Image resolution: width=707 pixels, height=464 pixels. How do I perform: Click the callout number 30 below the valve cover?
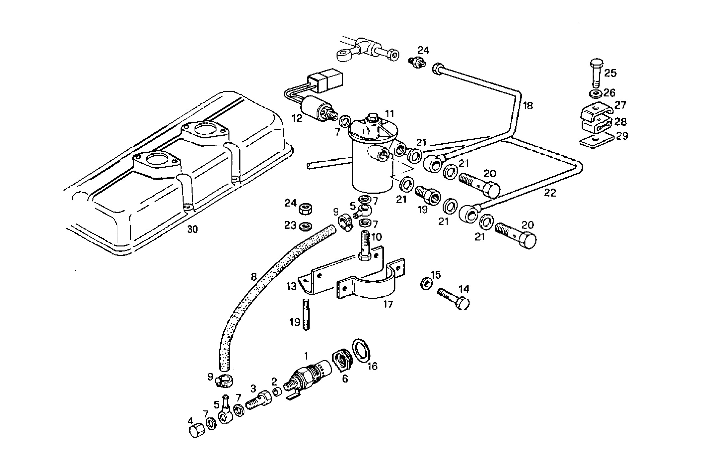[192, 230]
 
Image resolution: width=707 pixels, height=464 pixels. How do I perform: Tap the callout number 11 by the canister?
[389, 114]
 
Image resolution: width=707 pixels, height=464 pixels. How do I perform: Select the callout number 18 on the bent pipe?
[528, 105]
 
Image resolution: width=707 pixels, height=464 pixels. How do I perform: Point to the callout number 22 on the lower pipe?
[550, 193]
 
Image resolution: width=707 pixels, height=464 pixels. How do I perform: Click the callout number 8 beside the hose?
[254, 277]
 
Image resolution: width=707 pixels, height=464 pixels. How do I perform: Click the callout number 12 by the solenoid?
[297, 118]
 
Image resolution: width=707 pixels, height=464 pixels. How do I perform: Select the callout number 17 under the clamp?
[388, 304]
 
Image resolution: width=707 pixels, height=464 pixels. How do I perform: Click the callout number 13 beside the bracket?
[291, 286]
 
